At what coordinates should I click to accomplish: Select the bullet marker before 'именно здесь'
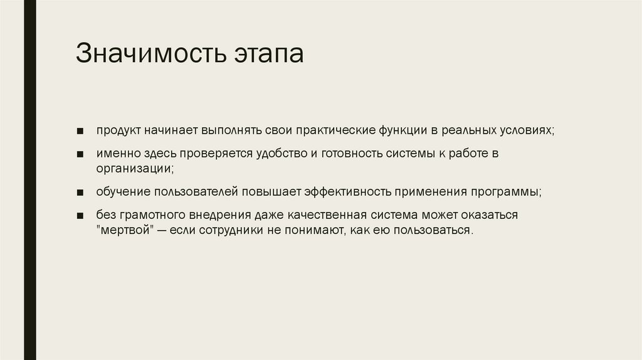click(82, 154)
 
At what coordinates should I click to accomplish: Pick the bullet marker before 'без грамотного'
click(82, 216)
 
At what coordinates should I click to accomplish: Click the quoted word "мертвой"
click(125, 230)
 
